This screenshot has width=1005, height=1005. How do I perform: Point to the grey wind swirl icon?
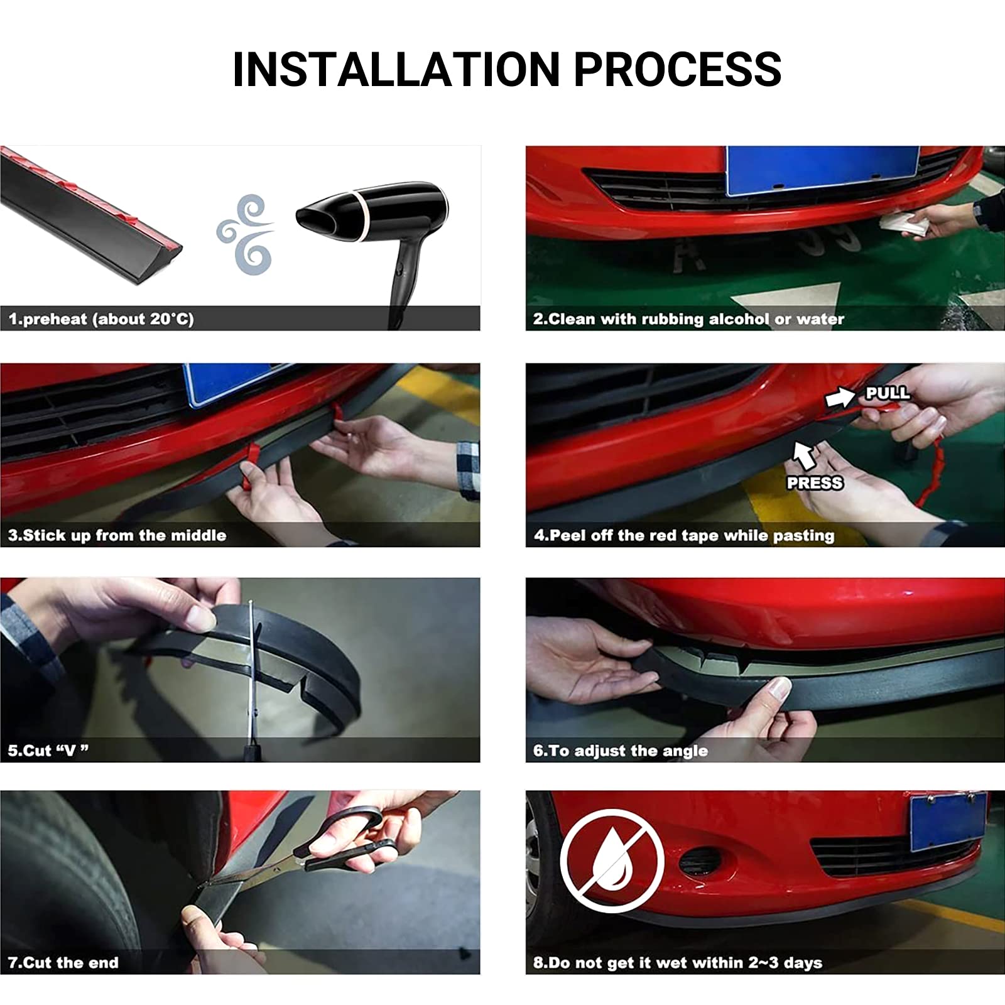246,234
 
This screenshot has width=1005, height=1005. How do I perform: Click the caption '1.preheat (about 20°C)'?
101,319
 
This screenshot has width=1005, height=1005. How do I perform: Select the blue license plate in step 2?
822,170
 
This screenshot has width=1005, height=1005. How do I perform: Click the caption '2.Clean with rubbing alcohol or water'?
688,319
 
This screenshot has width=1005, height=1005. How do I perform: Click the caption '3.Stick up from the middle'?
117,535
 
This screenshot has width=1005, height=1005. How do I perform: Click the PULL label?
887,393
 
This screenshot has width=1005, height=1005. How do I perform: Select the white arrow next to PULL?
840,397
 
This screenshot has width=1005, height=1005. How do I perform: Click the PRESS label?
815,482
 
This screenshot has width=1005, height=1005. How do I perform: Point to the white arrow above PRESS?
805,455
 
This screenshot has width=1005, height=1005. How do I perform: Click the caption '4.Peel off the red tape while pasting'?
684,535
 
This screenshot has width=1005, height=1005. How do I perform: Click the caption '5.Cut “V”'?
48,751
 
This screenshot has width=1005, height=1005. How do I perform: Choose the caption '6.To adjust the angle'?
621,751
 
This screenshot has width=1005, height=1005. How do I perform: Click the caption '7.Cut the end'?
63,962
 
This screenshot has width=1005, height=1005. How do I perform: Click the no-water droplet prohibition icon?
612,861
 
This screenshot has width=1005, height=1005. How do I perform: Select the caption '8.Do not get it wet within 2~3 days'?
678,962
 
